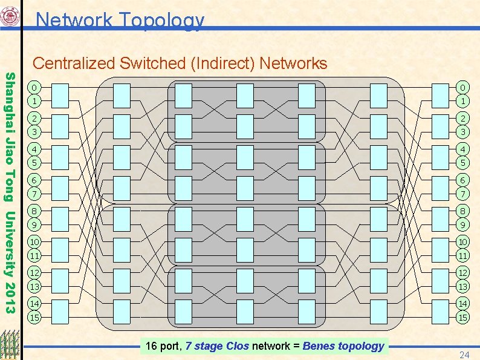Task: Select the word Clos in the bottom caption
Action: click(237, 346)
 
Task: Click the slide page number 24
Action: click(464, 354)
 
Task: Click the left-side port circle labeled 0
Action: click(36, 88)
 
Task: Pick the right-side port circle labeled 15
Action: click(463, 316)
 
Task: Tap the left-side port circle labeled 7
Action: click(36, 193)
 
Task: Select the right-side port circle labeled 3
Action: click(463, 131)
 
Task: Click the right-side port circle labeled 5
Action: click(463, 162)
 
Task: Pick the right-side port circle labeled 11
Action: click(463, 255)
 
